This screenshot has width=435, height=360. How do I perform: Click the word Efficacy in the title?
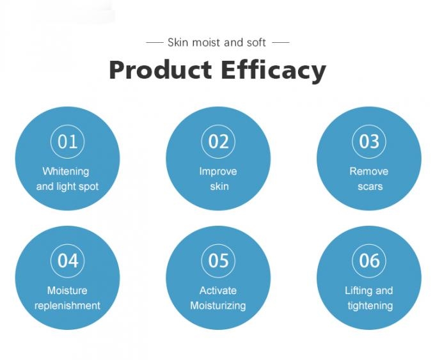[x=273, y=70]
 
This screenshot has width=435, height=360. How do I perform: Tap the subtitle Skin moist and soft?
[x=217, y=42]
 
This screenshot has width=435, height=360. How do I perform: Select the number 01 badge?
[x=67, y=141]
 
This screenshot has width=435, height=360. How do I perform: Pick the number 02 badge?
[x=218, y=141]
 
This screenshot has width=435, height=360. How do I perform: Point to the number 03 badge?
[x=369, y=141]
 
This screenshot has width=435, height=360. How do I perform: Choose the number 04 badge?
[x=67, y=260]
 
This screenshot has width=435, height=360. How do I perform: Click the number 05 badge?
[x=218, y=260]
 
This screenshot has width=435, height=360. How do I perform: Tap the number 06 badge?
[x=369, y=260]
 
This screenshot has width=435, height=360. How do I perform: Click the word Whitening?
[x=66, y=171]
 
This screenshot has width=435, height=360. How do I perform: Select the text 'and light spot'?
[x=67, y=187]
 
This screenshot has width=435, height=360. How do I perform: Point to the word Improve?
[x=218, y=171]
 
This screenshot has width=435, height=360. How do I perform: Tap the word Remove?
[x=369, y=171]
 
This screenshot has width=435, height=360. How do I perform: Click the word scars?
[x=370, y=187]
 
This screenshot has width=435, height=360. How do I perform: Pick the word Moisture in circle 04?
[x=67, y=290]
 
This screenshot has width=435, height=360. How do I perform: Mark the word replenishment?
[x=67, y=306]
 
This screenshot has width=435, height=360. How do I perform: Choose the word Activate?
[x=218, y=290]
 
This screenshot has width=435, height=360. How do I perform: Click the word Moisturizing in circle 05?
[x=218, y=306]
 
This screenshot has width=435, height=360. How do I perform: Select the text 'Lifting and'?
[x=369, y=290]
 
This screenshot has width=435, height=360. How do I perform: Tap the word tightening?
[x=370, y=306]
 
